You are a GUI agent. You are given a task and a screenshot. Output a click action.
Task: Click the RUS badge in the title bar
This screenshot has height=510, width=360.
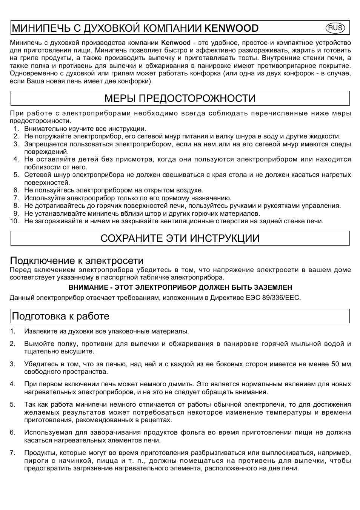(x=335, y=28)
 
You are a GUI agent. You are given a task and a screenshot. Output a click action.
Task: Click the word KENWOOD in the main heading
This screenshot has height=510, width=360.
(x=231, y=28)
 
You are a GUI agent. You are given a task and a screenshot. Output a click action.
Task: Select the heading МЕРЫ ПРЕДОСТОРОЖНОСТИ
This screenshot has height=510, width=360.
(x=180, y=98)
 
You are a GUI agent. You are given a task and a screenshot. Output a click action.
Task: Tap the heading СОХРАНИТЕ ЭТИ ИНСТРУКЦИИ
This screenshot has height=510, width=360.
(x=180, y=238)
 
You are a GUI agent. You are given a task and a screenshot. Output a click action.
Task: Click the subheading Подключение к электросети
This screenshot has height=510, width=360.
(x=77, y=261)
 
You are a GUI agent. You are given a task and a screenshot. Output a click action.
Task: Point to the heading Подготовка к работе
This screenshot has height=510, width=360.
(x=61, y=316)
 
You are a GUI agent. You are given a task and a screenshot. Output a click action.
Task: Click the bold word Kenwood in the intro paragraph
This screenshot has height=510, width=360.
(x=176, y=43)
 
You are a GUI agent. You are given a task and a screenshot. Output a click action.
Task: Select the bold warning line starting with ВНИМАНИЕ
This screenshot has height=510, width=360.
(x=180, y=287)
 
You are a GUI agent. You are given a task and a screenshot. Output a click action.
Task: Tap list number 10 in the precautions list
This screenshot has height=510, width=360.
(x=15, y=221)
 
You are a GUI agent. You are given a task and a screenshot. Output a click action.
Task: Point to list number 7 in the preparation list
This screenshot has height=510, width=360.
(x=12, y=453)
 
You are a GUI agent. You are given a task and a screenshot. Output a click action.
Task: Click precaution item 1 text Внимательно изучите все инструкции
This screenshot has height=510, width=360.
(x=85, y=129)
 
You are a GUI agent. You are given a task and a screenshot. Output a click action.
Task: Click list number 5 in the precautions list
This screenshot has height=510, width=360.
(x=16, y=175)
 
